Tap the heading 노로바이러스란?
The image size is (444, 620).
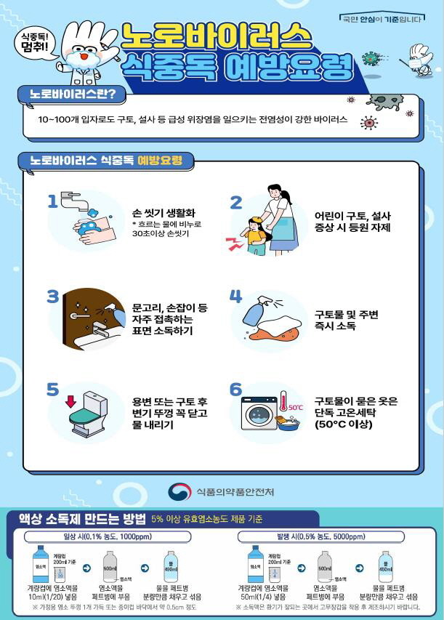point(73,95)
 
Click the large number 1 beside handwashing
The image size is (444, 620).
point(52,201)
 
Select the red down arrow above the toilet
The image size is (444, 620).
point(70,400)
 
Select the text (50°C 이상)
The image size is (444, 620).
point(344,426)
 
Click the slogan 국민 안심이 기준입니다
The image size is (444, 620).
point(382,18)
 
